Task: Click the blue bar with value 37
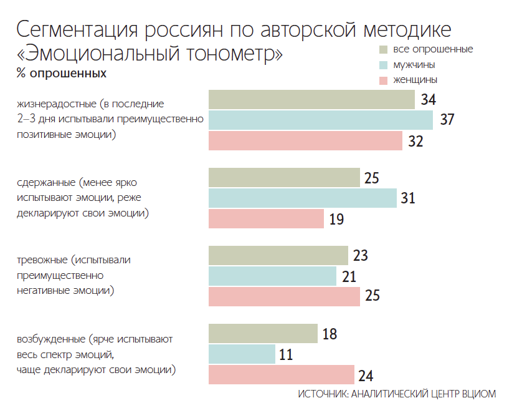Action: (x=320, y=120)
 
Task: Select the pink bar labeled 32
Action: (x=305, y=141)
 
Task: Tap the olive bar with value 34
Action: (x=311, y=99)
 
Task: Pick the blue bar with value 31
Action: (x=302, y=198)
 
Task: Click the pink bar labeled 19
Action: (x=266, y=219)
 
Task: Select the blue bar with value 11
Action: (x=242, y=354)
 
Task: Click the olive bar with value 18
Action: (x=263, y=334)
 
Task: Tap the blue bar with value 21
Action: (x=272, y=276)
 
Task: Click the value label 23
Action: (x=361, y=256)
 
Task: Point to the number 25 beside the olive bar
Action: (x=372, y=178)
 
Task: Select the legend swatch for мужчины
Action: (x=384, y=65)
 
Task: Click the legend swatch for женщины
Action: (x=384, y=80)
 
